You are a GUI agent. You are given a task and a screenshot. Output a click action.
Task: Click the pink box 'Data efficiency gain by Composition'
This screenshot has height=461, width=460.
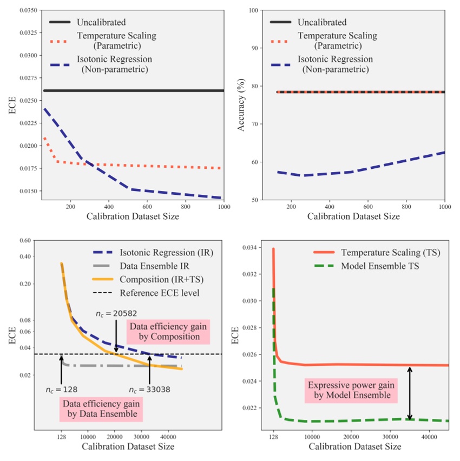[x=167, y=331]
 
